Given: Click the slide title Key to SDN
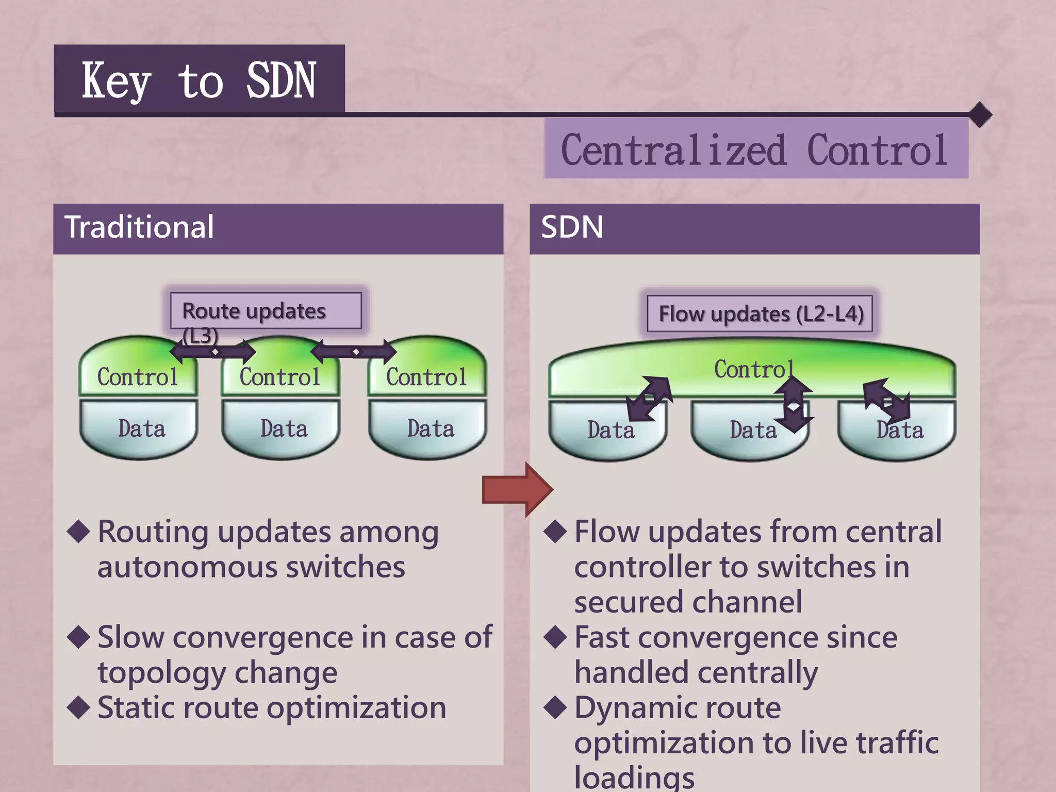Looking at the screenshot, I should (x=199, y=80).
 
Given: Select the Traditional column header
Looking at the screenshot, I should (x=139, y=227).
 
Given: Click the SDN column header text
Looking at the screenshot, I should (x=572, y=227).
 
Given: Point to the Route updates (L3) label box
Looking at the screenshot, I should (x=266, y=311).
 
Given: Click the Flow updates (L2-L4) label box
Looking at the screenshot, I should (x=760, y=313).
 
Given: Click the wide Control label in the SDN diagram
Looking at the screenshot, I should (x=753, y=369).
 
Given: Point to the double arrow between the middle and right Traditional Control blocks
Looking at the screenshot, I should (x=354, y=352).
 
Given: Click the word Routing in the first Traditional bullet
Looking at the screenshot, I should (x=153, y=533).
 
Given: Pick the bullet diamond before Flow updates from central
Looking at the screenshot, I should (x=555, y=531).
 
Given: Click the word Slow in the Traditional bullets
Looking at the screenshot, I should (x=131, y=638).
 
